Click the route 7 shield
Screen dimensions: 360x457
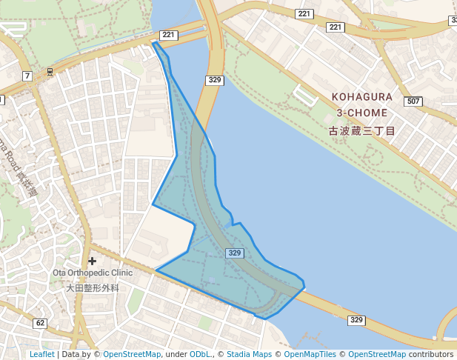[x=27, y=76]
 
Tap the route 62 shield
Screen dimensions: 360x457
[x=40, y=323]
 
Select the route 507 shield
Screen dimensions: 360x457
[x=413, y=101]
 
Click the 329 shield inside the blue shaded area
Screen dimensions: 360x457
[x=235, y=253]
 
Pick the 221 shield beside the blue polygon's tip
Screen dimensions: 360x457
[x=168, y=35]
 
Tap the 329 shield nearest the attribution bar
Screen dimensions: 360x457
[x=356, y=320]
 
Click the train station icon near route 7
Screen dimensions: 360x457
[x=50, y=72]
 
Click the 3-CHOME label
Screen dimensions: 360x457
[x=361, y=113]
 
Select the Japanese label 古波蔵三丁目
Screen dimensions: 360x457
[x=362, y=130]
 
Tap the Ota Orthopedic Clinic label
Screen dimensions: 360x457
[x=93, y=273]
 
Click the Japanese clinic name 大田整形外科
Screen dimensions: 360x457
[x=93, y=287]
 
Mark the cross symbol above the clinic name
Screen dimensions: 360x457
[x=92, y=261]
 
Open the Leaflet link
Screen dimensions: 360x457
[x=42, y=354]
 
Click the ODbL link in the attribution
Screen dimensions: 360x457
[x=201, y=354]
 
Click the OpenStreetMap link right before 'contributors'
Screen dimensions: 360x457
[x=377, y=354]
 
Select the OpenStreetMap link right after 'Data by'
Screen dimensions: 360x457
[x=132, y=354]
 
